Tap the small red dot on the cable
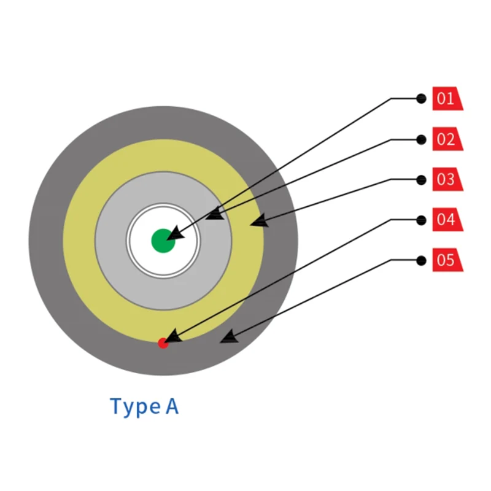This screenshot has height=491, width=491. [163, 343]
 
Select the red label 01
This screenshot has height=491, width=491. [447, 99]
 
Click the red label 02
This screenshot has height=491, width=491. [447, 139]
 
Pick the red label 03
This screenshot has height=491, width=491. [447, 180]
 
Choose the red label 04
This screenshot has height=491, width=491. [447, 220]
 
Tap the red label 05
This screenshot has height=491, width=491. [447, 260]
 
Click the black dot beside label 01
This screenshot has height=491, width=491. [421, 98]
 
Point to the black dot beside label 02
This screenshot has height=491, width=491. [421, 139]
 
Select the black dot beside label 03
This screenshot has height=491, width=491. [421, 180]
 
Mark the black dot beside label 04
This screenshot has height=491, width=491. [421, 220]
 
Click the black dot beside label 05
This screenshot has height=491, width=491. [421, 260]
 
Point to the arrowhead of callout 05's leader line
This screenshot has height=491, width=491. [228, 336]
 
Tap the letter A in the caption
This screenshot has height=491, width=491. [171, 406]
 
